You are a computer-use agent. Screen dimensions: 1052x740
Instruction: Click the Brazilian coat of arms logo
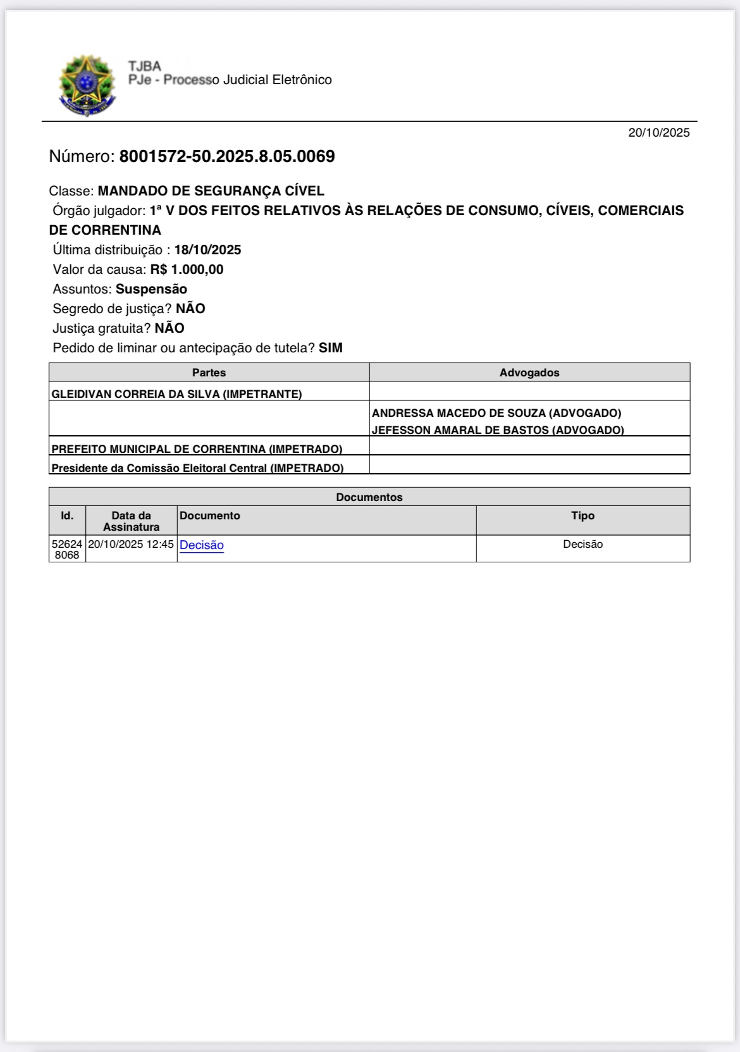click(x=87, y=85)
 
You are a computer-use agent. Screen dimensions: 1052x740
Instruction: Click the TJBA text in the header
click(x=144, y=66)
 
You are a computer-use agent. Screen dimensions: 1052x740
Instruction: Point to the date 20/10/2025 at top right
click(x=658, y=132)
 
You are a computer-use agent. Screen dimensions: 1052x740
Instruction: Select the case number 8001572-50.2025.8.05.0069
click(x=227, y=156)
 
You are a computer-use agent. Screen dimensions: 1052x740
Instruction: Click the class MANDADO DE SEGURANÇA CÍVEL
click(x=211, y=190)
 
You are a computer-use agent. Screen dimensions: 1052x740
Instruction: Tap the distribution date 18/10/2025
click(x=207, y=250)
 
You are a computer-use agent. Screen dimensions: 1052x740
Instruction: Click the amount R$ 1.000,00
click(x=187, y=269)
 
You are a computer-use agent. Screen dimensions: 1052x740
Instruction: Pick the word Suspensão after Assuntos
click(x=151, y=289)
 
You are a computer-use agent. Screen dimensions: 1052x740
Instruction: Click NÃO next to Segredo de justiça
click(x=190, y=309)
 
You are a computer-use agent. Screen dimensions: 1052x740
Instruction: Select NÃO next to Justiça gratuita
click(x=170, y=328)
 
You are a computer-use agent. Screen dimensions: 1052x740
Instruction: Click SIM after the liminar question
click(x=330, y=348)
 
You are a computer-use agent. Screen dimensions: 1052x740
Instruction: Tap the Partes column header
click(x=209, y=373)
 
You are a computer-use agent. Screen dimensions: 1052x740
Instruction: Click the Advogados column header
click(x=529, y=373)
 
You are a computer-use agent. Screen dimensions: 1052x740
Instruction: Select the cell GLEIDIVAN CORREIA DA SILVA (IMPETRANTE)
click(x=176, y=394)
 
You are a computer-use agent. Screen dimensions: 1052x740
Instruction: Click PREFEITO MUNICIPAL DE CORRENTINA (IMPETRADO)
click(x=197, y=449)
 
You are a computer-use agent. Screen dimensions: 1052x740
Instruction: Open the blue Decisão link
click(x=202, y=545)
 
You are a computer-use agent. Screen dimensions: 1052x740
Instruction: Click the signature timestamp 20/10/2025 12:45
click(x=131, y=544)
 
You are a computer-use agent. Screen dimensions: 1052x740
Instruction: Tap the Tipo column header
click(x=583, y=516)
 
